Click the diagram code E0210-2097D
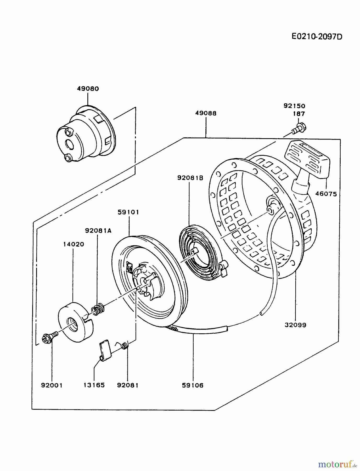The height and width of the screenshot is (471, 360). [317, 37]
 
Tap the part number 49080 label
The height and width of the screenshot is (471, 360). [88, 89]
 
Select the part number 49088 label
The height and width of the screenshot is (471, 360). [206, 113]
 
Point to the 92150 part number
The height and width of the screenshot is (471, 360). [294, 106]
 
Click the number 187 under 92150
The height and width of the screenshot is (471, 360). [299, 114]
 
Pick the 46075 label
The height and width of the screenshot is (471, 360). [326, 194]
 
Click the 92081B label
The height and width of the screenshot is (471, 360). [190, 178]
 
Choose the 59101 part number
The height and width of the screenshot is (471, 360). [128, 212]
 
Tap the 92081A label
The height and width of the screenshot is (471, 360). [98, 231]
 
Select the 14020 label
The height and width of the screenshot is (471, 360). [74, 244]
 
